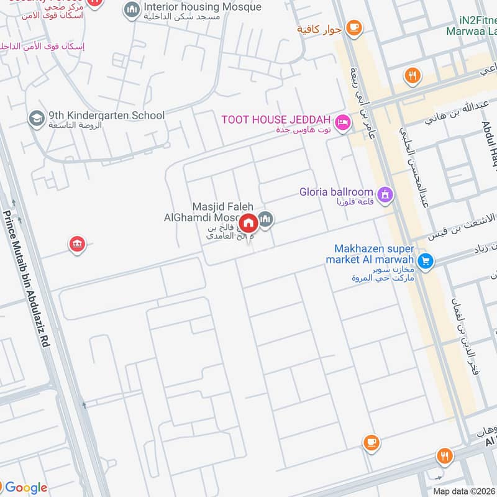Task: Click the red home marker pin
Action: tap(248, 222)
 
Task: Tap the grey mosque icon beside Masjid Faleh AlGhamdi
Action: tap(266, 219)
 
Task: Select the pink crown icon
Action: tap(77, 244)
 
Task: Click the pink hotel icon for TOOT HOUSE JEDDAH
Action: tap(341, 123)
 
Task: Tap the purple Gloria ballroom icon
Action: tap(386, 195)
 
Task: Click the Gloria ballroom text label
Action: tap(336, 192)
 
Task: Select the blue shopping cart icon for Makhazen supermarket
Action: tap(425, 260)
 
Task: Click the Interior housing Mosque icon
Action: tap(131, 10)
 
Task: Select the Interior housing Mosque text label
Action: tap(202, 7)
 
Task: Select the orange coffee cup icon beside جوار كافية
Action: tap(354, 27)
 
